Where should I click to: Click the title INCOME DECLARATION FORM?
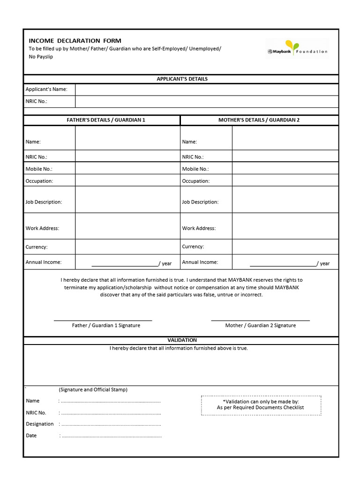75,41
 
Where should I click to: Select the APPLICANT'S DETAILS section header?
182,79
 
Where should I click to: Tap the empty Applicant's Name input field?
206,90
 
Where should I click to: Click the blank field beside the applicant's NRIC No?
206,102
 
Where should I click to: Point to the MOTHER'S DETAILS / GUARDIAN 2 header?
259,120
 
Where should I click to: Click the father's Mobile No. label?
39,169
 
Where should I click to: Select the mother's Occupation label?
196,181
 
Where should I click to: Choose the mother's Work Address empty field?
285,226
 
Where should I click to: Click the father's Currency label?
37,247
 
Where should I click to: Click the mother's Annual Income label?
200,262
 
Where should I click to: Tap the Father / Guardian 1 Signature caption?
106,325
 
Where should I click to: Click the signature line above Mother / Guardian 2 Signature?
260,321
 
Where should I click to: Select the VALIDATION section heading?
182,340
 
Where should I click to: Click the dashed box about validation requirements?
261,405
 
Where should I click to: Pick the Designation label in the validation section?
40,424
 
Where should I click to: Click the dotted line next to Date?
112,436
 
